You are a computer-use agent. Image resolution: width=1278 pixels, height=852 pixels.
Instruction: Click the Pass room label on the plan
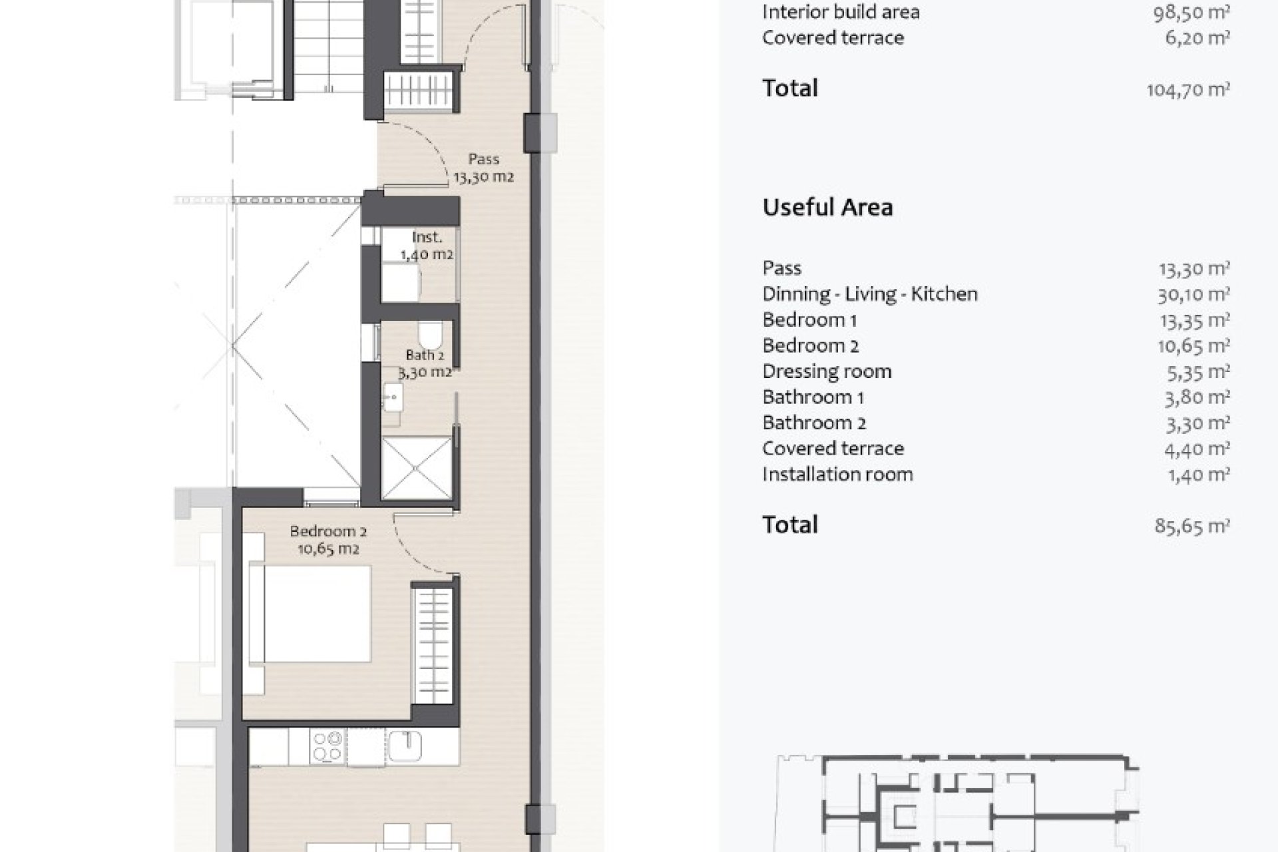[483, 168]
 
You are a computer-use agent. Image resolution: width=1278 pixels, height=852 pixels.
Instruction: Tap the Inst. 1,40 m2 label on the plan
[427, 246]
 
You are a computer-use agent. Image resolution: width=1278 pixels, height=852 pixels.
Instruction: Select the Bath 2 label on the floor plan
[425, 363]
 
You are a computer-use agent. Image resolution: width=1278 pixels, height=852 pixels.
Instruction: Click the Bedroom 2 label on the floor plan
[328, 540]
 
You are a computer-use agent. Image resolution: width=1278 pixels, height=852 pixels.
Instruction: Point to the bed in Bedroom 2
[310, 614]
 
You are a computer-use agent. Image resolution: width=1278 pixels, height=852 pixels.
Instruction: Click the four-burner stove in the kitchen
[327, 746]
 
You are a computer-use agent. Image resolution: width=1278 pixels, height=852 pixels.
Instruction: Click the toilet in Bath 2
[431, 333]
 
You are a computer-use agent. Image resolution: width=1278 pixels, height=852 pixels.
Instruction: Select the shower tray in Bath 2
[415, 468]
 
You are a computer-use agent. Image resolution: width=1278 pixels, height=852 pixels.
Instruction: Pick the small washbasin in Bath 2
[393, 399]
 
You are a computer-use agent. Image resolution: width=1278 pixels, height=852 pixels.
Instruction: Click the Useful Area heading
[827, 207]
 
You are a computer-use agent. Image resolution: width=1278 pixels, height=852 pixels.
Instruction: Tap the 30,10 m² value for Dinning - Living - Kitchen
[1193, 294]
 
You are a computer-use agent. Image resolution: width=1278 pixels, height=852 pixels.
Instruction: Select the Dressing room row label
[827, 371]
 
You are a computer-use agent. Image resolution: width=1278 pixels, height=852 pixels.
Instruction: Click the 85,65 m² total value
[1192, 526]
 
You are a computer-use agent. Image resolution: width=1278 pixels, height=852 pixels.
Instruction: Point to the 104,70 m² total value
[1188, 89]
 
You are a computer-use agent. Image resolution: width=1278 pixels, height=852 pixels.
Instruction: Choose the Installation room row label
[837, 474]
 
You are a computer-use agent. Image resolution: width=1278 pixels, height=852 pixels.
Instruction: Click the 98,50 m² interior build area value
[1191, 12]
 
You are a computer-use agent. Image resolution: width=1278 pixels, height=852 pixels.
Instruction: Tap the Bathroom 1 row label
[813, 397]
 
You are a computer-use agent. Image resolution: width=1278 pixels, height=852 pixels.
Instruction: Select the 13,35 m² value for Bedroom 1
[1194, 320]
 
